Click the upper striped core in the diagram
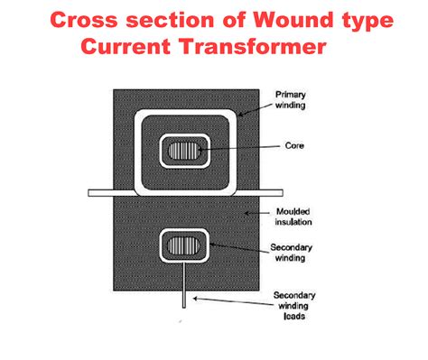(184, 149)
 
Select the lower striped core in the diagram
(184, 245)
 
